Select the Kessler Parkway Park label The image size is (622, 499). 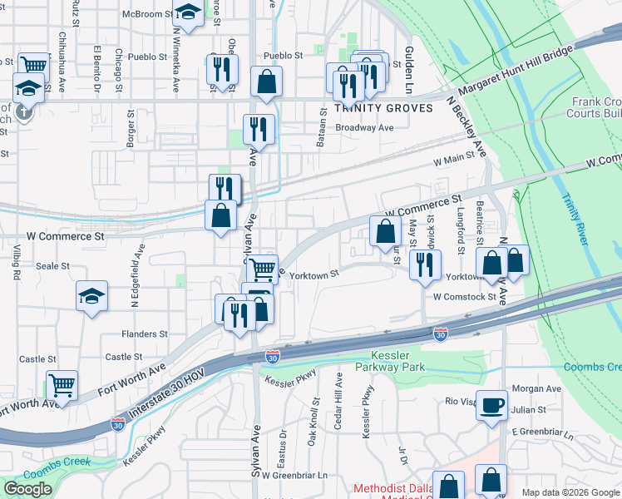tap(390, 361)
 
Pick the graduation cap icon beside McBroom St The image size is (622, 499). tap(188, 13)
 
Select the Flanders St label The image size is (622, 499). tap(145, 334)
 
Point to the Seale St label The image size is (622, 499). tap(52, 266)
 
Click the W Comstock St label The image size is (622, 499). tap(464, 296)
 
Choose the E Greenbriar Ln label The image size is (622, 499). tap(543, 432)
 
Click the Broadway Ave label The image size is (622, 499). tap(364, 128)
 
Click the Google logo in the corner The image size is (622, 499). tap(28, 489)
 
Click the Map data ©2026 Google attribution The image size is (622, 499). tap(570, 492)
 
